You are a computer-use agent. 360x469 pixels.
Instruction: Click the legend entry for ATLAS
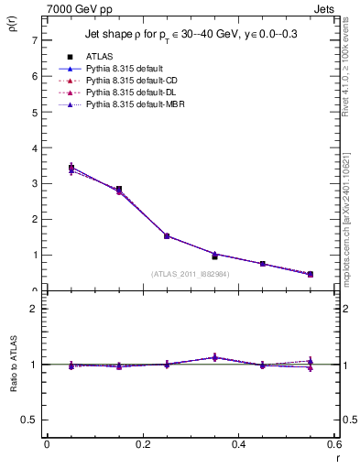point(100,57)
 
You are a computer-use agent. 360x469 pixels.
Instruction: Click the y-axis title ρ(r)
point(12,20)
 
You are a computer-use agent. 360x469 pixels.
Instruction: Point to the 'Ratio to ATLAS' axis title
point(12,365)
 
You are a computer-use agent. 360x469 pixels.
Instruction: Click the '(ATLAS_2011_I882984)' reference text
point(191,273)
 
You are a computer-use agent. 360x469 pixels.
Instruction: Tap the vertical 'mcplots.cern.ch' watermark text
point(347,220)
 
